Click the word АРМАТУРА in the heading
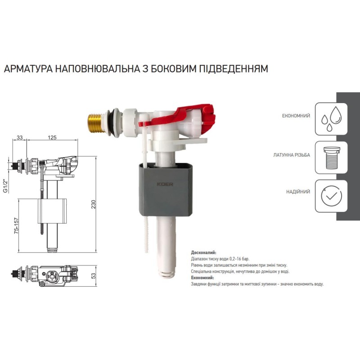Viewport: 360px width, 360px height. [x=28, y=68]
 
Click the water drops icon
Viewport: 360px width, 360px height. [x=331, y=119]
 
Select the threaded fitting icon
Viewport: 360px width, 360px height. [x=331, y=157]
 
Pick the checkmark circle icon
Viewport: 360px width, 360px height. [x=331, y=196]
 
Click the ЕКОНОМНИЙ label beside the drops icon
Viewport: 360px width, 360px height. [x=296, y=116]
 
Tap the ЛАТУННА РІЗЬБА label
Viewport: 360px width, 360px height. [x=292, y=155]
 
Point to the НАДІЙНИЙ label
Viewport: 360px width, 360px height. [x=298, y=192]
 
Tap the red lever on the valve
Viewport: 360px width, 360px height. [x=184, y=116]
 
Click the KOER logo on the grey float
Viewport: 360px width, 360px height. [x=165, y=184]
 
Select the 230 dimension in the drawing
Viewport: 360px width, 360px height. [x=93, y=204]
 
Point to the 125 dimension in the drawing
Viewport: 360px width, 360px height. [x=52, y=137]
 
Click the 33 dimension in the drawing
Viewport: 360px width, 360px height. [x=20, y=137]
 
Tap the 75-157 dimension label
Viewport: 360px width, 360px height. [x=16, y=226]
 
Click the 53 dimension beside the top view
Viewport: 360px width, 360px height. [x=93, y=276]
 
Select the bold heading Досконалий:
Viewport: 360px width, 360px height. [x=204, y=252]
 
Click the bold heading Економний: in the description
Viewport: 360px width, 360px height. [x=202, y=278]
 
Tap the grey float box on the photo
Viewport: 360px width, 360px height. [x=165, y=189]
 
